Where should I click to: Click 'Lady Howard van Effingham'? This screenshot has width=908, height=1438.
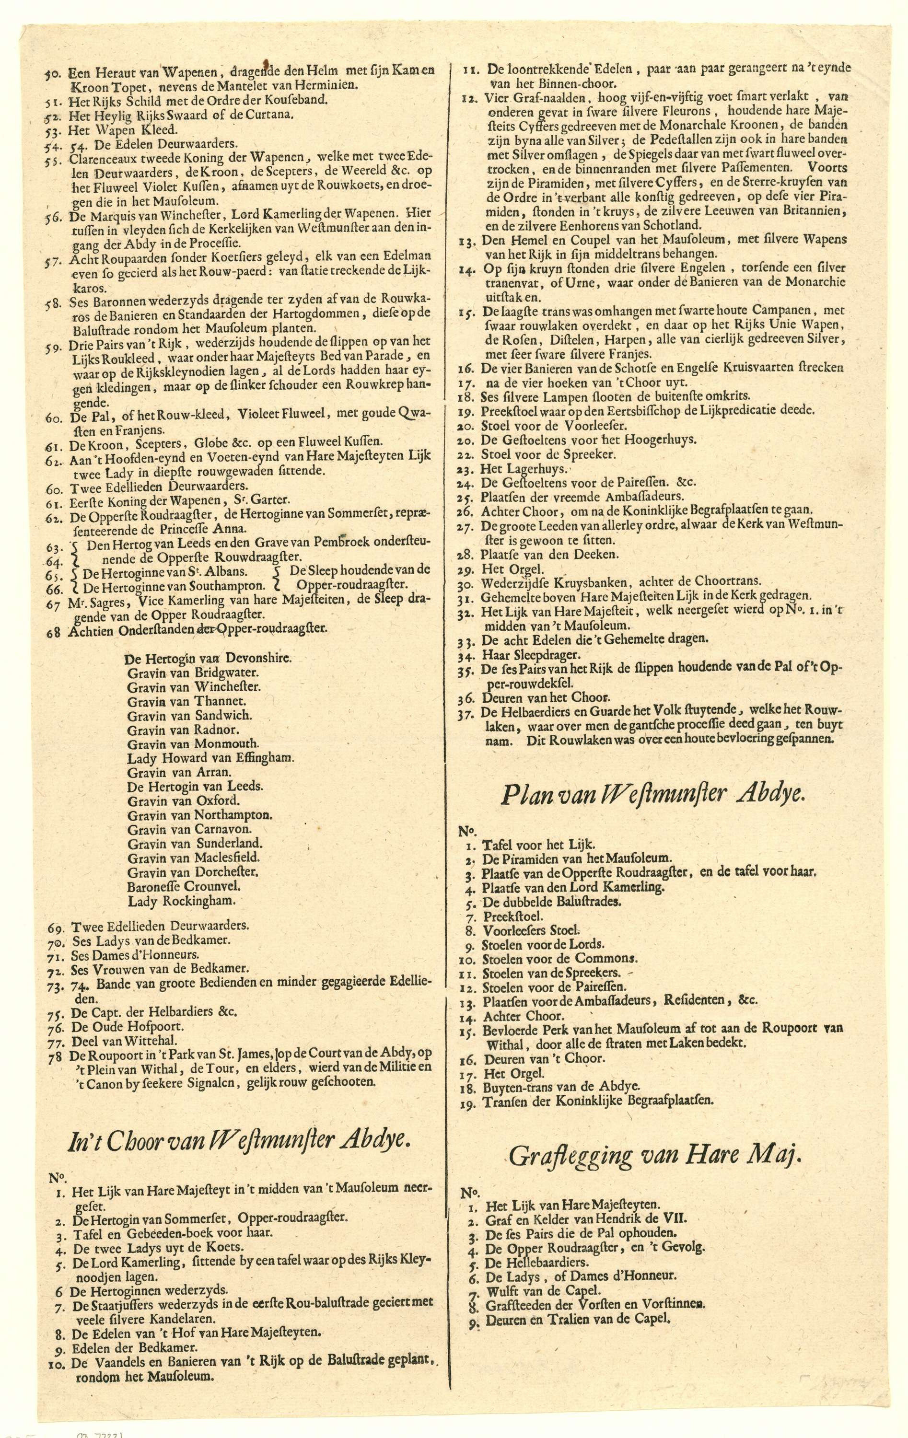tap(210, 758)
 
